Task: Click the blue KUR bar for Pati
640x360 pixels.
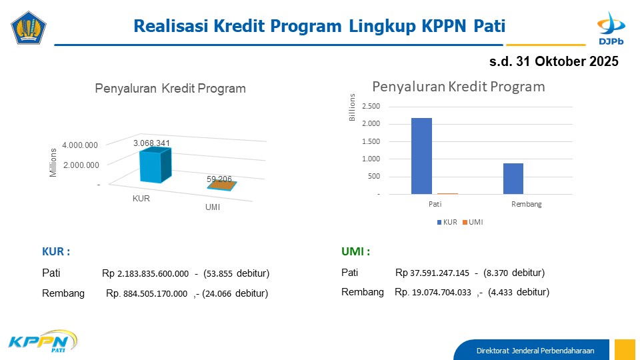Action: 421,156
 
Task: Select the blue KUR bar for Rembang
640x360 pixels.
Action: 513,179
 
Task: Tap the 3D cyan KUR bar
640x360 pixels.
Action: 155,165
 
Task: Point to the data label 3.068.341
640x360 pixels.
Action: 151,143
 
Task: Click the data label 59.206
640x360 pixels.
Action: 219,179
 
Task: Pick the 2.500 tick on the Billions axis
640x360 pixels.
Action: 371,106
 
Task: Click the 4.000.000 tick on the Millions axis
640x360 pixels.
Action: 80,145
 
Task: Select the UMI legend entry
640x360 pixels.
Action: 473,222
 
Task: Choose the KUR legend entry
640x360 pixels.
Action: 447,222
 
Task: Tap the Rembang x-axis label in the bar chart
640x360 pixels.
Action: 527,204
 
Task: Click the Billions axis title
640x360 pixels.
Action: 352,107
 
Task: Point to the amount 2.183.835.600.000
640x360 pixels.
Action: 153,273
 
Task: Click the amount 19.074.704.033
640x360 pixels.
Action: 441,293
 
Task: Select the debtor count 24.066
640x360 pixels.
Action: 219,293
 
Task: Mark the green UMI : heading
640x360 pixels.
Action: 355,251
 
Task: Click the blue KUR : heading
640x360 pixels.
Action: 56,251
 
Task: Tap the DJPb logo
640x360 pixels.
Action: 611,28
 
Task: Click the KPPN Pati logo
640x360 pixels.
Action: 43,341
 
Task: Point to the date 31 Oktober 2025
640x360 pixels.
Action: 567,61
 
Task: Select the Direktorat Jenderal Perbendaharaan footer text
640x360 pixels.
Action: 535,351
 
